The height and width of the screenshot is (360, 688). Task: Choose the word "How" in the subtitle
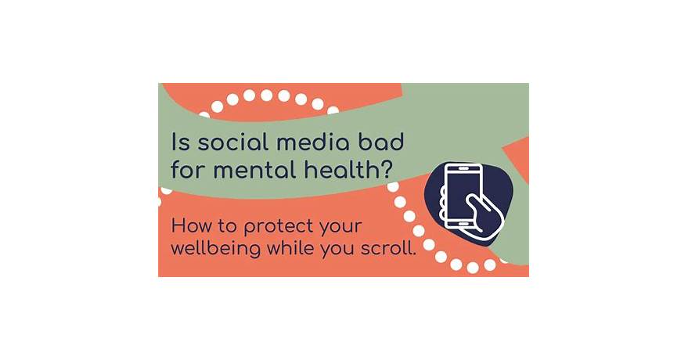[x=191, y=227]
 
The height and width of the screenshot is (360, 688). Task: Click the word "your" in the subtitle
[x=341, y=228]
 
